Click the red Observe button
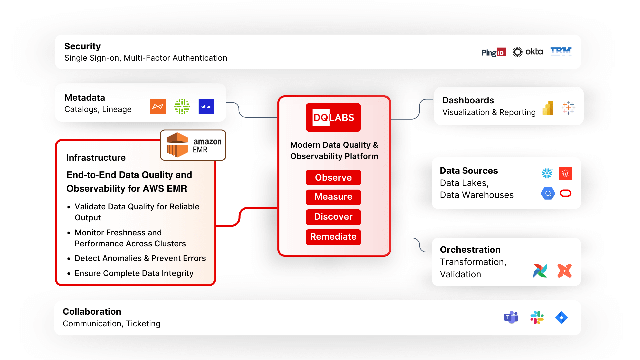pos(333,177)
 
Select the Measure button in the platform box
pos(333,197)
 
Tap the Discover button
pos(333,217)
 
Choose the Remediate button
pos(333,237)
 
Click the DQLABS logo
pos(333,117)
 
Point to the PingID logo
pos(493,52)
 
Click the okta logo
pos(528,52)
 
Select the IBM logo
pos(561,51)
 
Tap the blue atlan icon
pos(206,106)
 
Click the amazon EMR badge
pos(193,145)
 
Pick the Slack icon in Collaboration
pos(537,317)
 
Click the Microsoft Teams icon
pos(511,317)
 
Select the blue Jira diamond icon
pos(561,317)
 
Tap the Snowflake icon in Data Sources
pos(547,173)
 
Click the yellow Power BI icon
pos(548,108)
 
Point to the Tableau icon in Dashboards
pos(568,108)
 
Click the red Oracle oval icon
pos(565,193)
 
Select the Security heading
pos(82,46)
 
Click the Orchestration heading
pos(470,249)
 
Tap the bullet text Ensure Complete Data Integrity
pos(134,273)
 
